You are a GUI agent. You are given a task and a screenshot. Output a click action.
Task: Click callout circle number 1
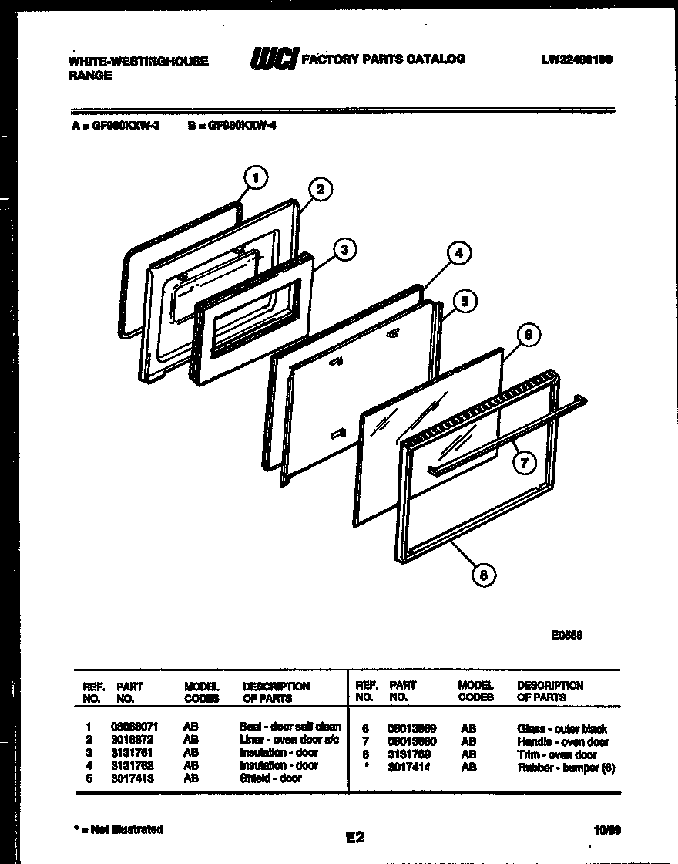(255, 177)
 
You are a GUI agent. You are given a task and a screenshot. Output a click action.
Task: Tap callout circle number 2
(320, 190)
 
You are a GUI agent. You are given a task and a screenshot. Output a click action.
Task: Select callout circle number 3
(344, 248)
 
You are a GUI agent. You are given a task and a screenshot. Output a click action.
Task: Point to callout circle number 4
(458, 253)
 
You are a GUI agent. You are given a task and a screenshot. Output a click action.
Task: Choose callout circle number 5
(464, 301)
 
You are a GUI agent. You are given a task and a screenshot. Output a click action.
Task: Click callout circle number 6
(528, 335)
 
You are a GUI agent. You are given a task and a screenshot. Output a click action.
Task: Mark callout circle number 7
(523, 463)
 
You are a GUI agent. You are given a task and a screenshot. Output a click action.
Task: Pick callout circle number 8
(483, 574)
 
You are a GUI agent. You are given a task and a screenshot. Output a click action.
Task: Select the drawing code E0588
(566, 636)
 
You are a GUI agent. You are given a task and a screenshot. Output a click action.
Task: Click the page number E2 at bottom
(355, 836)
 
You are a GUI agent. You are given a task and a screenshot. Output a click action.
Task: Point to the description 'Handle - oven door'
(563, 742)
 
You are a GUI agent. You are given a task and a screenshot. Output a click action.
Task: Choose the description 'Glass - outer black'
(562, 729)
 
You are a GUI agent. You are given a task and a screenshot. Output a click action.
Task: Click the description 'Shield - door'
(270, 778)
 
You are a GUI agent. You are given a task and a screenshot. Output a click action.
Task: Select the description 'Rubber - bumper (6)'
(566, 768)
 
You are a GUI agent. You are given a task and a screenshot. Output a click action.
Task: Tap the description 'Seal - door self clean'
(290, 727)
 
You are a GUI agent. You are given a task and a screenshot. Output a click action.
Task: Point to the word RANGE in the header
(90, 76)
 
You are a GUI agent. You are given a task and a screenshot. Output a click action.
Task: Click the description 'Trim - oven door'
(557, 755)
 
